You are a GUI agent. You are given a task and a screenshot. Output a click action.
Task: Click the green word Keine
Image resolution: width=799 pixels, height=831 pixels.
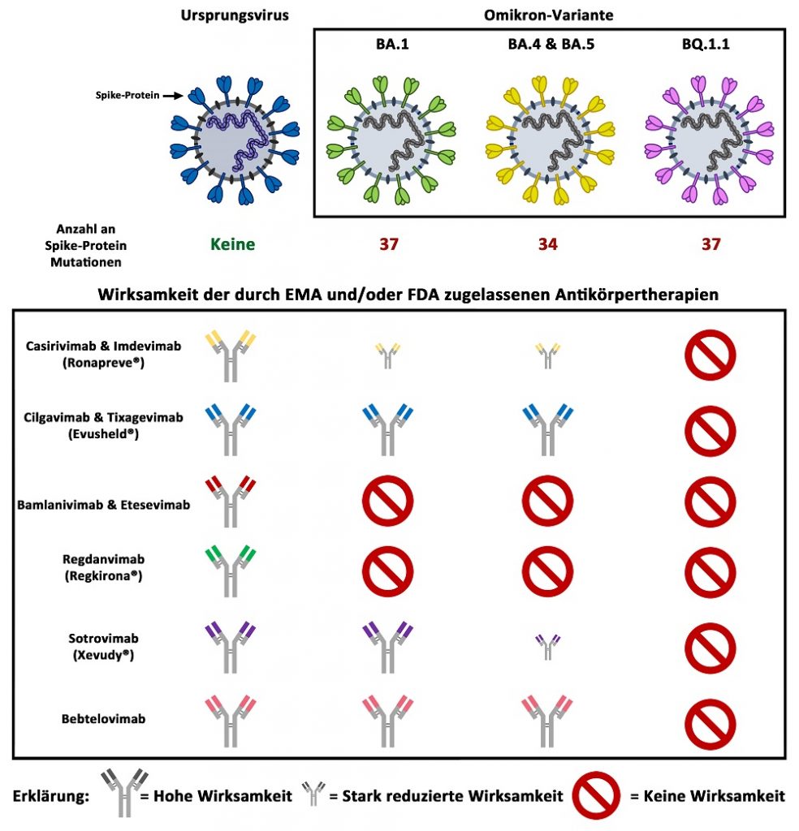click(232, 243)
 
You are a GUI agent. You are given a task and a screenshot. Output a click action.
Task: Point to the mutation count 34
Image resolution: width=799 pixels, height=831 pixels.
click(547, 243)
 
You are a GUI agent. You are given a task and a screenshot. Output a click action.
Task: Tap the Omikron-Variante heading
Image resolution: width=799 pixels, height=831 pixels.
click(548, 15)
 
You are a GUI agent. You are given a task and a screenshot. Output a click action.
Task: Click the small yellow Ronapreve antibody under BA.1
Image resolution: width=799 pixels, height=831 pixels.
click(387, 355)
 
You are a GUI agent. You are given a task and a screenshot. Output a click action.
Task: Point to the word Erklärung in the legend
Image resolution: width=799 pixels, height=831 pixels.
click(51, 795)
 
